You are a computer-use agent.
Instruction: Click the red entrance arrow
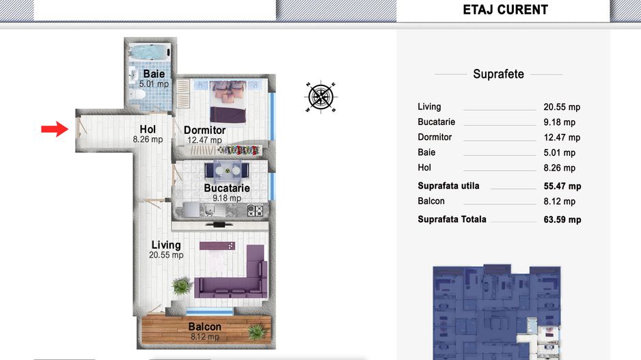pos(55,129)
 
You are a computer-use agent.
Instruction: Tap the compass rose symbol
pos(321,97)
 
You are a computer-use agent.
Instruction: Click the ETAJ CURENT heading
pos(505,10)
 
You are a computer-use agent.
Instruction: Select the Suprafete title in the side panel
pos(498,74)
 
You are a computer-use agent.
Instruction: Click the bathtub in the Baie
pos(149,53)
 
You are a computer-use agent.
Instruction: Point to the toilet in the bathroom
pos(137,95)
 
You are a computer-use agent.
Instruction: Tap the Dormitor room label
pos(204,130)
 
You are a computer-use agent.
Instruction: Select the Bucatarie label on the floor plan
pos(227,188)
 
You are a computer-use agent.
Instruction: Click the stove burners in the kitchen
pos(255,210)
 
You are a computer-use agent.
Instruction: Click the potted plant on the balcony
pos(257,332)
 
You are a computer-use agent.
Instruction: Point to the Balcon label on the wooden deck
pos(205,327)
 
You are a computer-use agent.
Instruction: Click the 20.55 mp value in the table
pos(562,107)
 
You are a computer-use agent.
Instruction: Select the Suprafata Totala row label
pos(452,219)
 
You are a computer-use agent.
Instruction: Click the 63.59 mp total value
pos(562,220)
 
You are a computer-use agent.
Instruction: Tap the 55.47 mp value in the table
pos(562,186)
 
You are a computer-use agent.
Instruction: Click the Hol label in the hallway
pos(148,129)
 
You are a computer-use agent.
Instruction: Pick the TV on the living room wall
pos(219,224)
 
